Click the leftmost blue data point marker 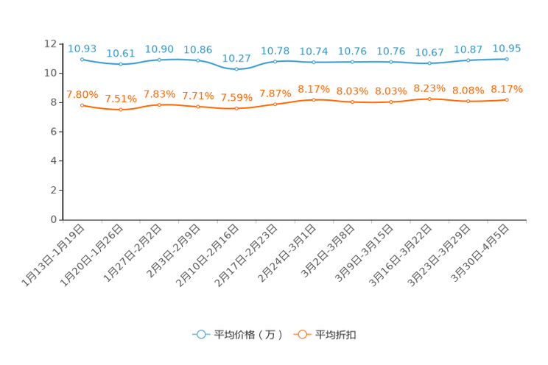[82, 59]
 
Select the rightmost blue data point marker [507, 59]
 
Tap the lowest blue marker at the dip [236, 69]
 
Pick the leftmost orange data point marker [82, 106]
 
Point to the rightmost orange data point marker [507, 100]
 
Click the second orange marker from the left [121, 110]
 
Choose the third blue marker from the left [159, 60]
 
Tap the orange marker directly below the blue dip [236, 108]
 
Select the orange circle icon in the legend [301, 334]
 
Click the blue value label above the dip [236, 57]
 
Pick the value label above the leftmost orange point [82, 95]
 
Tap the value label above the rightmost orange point [507, 89]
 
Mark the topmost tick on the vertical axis [61, 44]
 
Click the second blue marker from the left [121, 65]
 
